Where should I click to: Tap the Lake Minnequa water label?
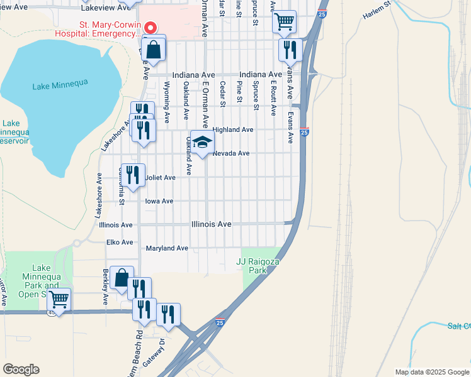[60, 83]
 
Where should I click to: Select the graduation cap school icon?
[202, 143]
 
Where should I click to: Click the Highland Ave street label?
[232, 129]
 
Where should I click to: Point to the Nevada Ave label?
[231, 153]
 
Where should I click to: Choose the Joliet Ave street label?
[160, 178]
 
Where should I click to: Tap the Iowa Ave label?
[159, 201]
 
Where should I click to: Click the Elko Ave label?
[120, 242]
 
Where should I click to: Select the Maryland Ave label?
[167, 248]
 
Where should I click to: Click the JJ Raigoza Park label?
[257, 265]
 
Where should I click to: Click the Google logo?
[21, 369]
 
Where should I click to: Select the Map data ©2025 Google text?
[431, 372]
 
